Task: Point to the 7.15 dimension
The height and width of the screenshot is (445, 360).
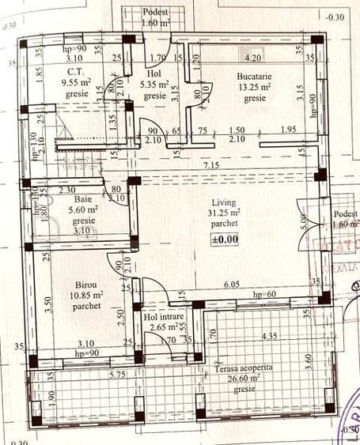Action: click(210, 164)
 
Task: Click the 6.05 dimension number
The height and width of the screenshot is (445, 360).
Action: click(231, 284)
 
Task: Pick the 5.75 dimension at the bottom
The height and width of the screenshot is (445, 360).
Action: click(118, 372)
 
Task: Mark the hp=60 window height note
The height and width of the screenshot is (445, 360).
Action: click(263, 295)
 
